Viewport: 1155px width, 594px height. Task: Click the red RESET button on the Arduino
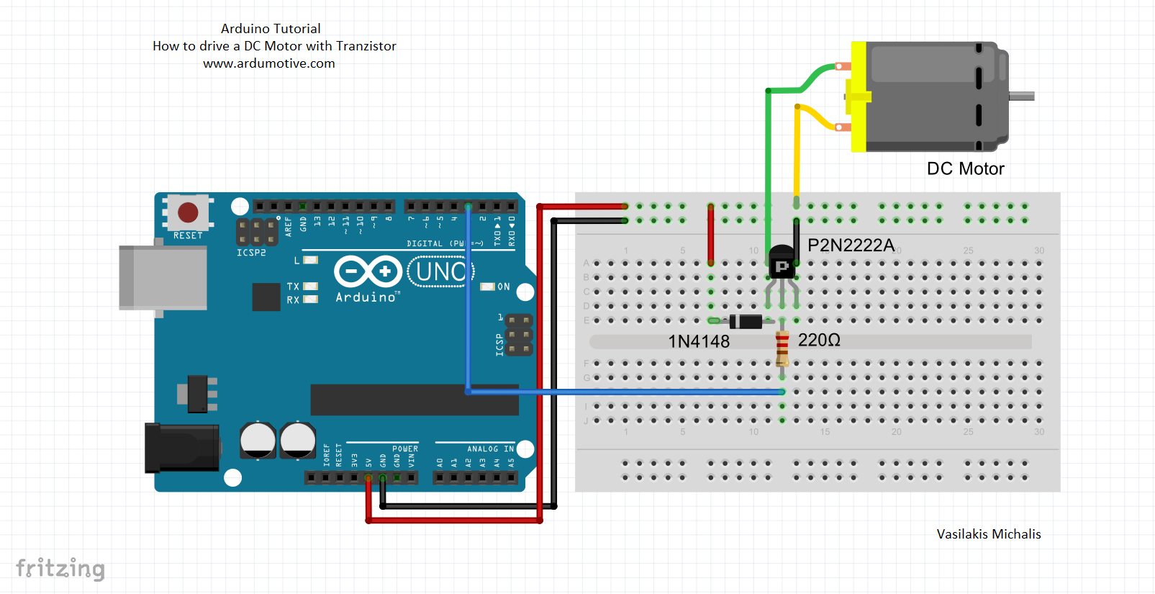188,212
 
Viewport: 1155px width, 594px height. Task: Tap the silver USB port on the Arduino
163,278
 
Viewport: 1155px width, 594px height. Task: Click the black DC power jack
181,447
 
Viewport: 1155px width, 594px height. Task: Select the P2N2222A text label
851,246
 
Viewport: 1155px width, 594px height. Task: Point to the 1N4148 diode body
746,321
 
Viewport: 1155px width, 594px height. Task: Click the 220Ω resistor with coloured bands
782,348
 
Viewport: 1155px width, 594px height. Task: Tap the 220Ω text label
819,340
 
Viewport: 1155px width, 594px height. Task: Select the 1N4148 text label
699,341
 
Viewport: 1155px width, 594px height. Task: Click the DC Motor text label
965,168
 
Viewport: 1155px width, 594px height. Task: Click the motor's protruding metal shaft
1022,96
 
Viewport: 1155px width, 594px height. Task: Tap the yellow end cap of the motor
859,96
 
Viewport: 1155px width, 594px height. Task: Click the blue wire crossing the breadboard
626,392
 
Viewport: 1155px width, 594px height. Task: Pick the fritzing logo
60,568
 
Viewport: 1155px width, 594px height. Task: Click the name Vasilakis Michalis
988,534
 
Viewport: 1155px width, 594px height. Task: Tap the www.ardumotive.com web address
268,63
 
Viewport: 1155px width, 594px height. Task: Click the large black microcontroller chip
414,400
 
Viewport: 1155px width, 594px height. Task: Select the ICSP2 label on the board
251,253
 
